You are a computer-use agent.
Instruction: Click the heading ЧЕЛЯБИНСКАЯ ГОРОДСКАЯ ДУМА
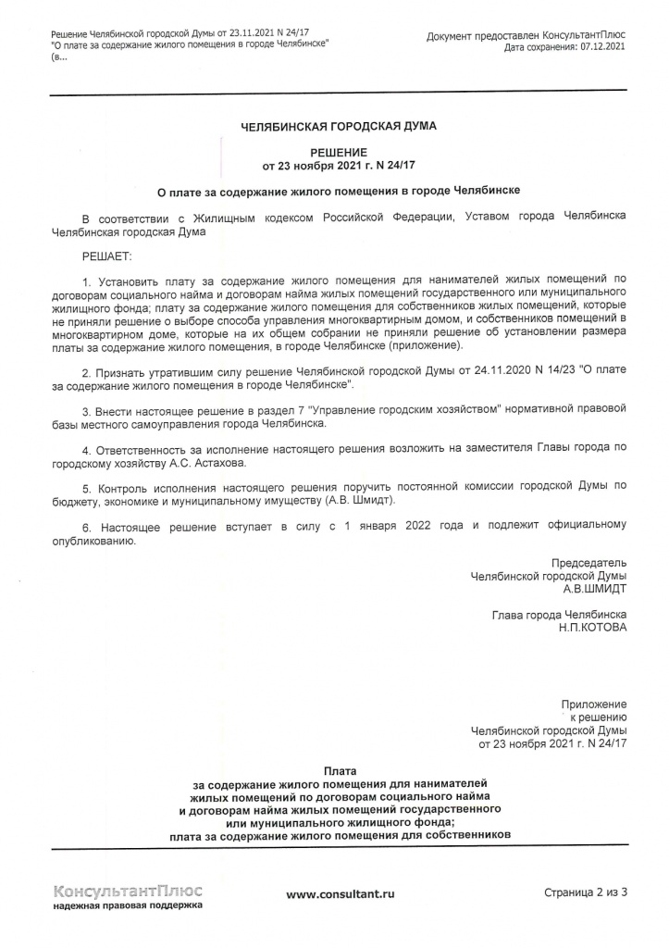[338, 125]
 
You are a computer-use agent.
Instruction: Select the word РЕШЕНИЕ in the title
[339, 152]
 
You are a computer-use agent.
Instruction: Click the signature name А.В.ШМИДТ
[594, 587]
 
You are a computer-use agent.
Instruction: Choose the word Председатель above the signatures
[588, 562]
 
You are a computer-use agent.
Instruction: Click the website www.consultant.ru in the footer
[341, 893]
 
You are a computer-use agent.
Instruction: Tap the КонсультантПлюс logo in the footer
[129, 891]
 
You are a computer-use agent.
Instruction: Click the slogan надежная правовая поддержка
[129, 906]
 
